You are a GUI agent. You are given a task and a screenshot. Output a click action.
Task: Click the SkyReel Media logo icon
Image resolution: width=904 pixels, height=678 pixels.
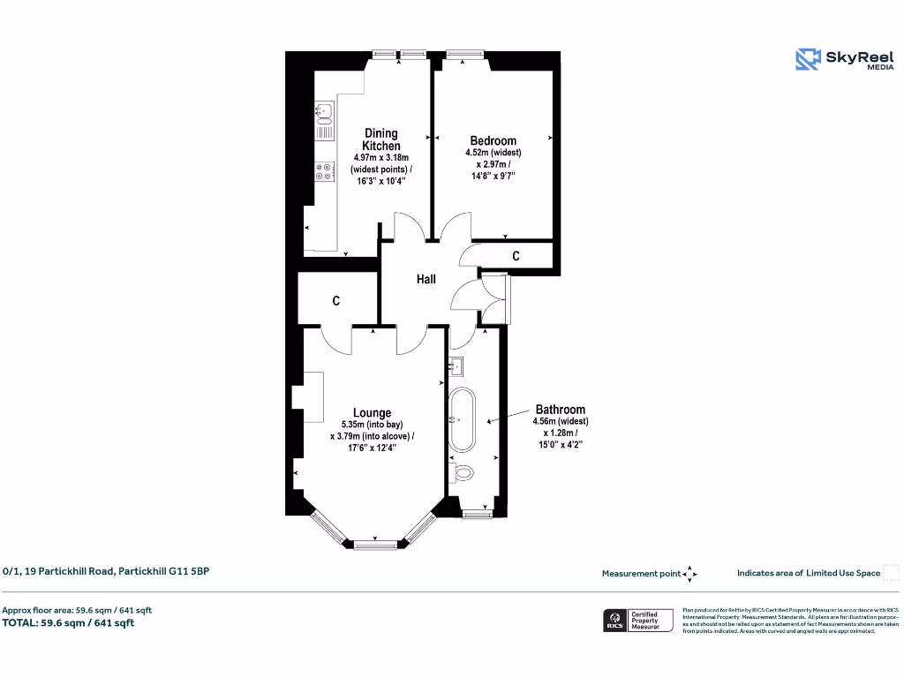(x=808, y=59)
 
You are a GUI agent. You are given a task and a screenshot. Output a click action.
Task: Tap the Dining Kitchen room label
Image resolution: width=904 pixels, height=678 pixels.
(x=381, y=139)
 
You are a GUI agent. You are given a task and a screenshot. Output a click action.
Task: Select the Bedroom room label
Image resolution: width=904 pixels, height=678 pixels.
(x=493, y=140)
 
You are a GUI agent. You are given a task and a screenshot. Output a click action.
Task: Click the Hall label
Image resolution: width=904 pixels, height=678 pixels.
(x=426, y=279)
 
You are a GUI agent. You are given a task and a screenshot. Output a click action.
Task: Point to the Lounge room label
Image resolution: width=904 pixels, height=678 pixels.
(x=372, y=412)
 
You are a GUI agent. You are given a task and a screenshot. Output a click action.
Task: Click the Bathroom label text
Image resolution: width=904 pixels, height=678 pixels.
(x=560, y=410)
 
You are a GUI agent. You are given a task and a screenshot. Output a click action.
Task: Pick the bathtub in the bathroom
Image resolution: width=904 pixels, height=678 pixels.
(x=462, y=422)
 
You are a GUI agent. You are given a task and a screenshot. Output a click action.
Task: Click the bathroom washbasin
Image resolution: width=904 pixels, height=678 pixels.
(x=456, y=364)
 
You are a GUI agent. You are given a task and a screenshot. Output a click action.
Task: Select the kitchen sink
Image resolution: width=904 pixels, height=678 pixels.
(x=324, y=111)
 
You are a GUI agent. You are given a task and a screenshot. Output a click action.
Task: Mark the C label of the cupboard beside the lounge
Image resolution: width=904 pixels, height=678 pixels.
(x=336, y=301)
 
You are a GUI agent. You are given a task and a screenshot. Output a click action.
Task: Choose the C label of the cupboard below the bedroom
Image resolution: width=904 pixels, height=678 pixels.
(x=516, y=256)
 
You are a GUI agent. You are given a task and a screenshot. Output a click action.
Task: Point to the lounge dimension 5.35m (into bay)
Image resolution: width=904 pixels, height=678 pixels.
(x=372, y=425)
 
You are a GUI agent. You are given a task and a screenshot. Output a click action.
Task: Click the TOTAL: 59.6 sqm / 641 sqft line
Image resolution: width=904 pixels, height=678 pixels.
(x=68, y=622)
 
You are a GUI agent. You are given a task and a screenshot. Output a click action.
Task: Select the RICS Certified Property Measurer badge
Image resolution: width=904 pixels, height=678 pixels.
(x=637, y=620)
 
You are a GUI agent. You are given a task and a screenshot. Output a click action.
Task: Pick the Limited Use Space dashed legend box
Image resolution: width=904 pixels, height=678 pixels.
(x=891, y=573)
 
